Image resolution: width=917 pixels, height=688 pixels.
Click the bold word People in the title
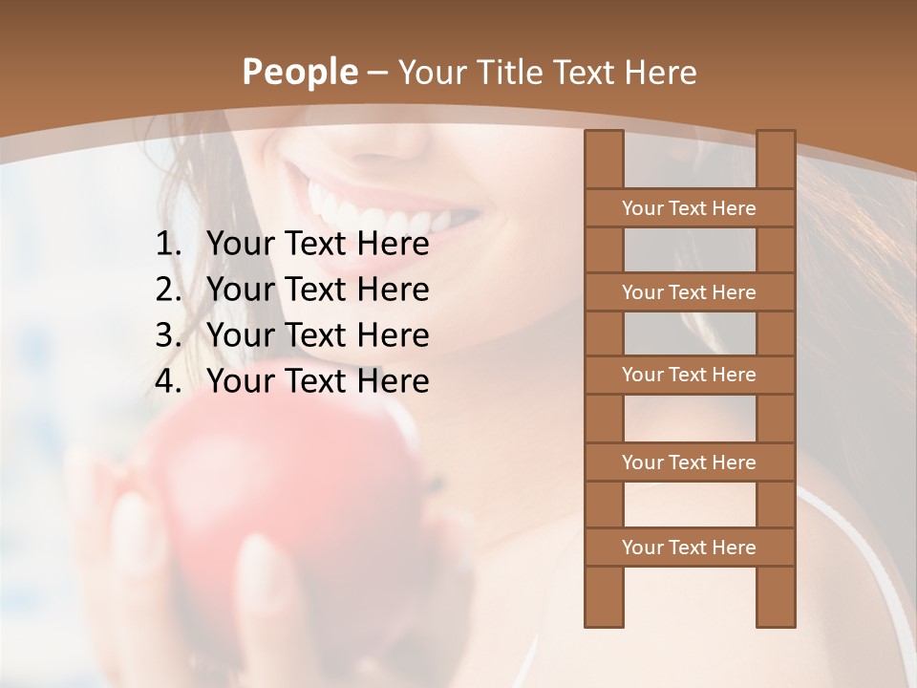point(300,72)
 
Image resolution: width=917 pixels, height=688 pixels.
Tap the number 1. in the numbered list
point(168,245)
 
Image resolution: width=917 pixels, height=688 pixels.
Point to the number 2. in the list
point(168,290)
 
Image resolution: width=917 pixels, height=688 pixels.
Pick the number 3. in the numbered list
point(168,335)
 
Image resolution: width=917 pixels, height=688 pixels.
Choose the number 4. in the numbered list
point(168,381)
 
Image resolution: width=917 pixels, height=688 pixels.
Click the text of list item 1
point(317,245)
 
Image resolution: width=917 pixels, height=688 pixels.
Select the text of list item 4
point(317,381)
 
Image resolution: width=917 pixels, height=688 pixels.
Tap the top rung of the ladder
point(689,208)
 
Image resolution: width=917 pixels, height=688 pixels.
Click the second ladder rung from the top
point(689,292)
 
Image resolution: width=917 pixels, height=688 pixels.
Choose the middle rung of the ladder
point(689,376)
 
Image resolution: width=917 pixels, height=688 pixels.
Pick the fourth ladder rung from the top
point(689,462)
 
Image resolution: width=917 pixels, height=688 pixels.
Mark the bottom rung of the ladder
point(689,548)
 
